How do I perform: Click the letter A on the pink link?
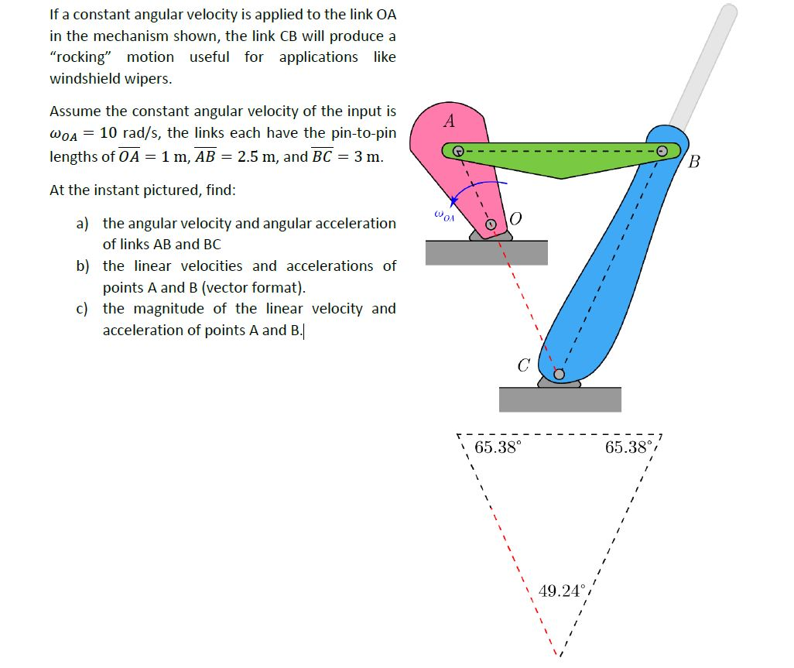[x=449, y=122]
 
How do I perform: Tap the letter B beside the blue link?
[x=693, y=162]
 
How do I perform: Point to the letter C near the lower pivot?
[x=523, y=365]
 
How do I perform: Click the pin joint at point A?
[x=458, y=150]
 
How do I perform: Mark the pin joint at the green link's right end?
[x=662, y=151]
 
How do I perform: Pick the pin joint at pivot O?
[x=490, y=224]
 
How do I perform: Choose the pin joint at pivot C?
[x=558, y=375]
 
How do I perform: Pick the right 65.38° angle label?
[x=629, y=447]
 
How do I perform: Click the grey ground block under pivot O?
[x=486, y=252]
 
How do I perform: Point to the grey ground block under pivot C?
[x=560, y=399]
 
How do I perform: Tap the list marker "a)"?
[x=82, y=224]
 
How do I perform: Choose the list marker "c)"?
[x=81, y=309]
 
